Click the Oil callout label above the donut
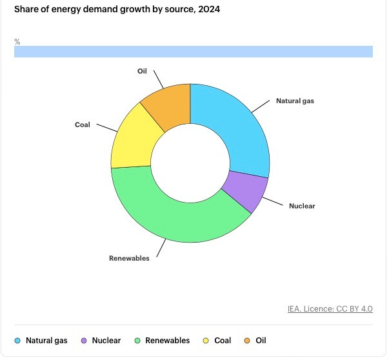(142, 71)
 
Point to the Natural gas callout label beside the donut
(295, 101)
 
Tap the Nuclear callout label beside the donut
(302, 206)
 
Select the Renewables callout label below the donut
(129, 258)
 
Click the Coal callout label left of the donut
(83, 125)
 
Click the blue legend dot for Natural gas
(17, 341)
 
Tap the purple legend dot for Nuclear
(84, 341)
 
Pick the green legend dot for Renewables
(137, 341)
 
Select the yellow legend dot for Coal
(206, 341)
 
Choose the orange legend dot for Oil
(247, 341)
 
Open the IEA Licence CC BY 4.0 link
(330, 309)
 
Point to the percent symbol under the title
(17, 42)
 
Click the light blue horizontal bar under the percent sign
(194, 52)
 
